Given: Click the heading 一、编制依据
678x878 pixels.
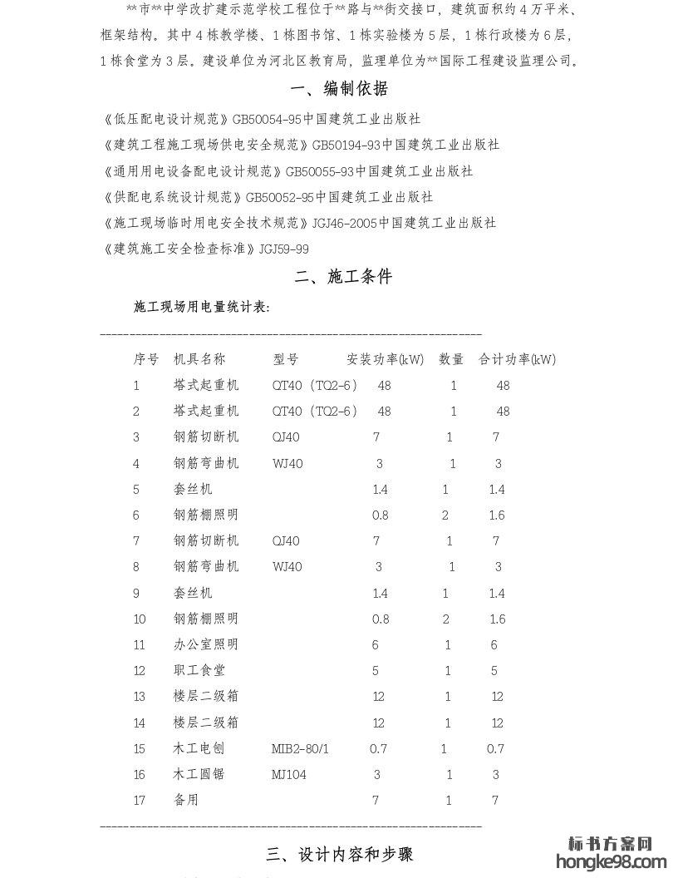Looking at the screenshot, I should [339, 89].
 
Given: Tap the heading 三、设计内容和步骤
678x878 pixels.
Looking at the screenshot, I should [339, 854].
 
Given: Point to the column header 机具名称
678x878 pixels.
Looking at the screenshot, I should [199, 359].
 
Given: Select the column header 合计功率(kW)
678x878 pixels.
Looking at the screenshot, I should [517, 359].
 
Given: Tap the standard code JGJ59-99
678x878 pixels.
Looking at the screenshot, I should [284, 249].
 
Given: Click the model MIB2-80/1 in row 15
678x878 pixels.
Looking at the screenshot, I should [300, 748].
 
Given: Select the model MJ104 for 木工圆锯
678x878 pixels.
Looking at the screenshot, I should [289, 774].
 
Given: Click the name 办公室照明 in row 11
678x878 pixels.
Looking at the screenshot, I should [205, 644].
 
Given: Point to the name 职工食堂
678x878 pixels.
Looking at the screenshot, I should [199, 670].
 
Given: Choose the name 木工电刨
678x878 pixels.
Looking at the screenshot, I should [199, 748].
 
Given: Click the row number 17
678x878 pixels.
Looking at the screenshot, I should [139, 800].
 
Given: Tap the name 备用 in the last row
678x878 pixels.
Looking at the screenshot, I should [186, 800].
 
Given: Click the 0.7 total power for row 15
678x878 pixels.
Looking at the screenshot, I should [495, 748].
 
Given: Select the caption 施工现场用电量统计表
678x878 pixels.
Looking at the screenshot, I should [202, 307].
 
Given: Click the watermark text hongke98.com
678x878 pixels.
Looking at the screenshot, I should [617, 862].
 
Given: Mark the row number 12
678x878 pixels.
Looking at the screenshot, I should [139, 670].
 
